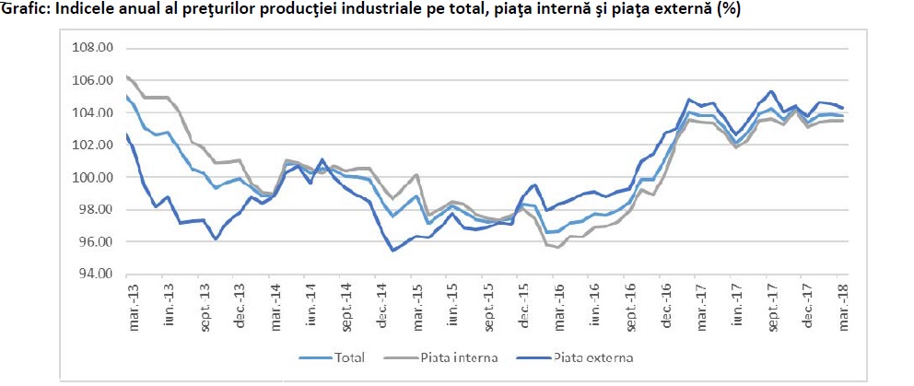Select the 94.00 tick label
point(92,275)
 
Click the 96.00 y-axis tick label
point(92,242)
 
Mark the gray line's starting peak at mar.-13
point(127,76)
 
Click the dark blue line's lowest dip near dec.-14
point(393,250)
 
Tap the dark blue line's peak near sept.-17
point(771,91)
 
